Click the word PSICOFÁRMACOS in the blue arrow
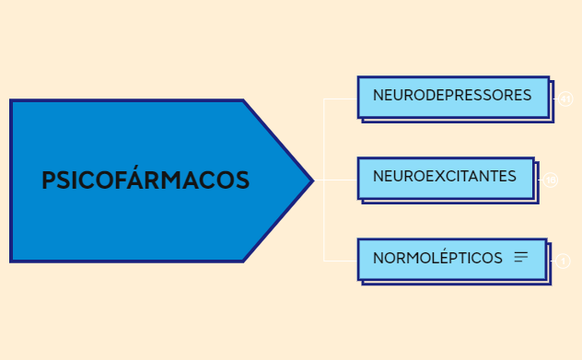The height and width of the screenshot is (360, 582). tap(145, 180)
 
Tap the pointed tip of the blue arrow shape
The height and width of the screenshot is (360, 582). tap(310, 180)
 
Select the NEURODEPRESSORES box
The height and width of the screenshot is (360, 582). tap(452, 96)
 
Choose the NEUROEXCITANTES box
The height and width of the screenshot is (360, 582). tap(445, 177)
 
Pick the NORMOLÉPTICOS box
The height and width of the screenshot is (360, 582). tap(451, 258)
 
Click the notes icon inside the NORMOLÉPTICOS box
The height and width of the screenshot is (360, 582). tap(521, 258)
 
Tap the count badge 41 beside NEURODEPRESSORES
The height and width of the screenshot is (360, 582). tap(565, 99)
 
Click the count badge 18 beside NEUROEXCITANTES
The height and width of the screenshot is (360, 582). tap(551, 180)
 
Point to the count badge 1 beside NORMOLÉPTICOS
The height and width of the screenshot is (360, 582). tap(563, 261)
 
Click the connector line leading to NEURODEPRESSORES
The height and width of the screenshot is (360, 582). tap(341, 98)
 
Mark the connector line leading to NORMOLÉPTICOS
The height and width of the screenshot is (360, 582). tap(341, 261)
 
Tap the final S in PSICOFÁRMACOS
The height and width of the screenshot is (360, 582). tap(242, 180)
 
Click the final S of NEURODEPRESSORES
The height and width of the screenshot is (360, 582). tap(527, 96)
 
